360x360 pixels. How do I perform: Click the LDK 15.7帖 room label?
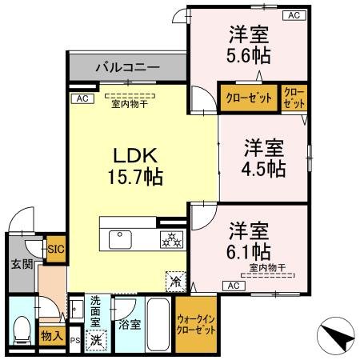135,166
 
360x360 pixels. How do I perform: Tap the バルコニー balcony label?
128,67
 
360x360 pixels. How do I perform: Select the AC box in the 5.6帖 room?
294,15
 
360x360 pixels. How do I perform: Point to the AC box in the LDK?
82,98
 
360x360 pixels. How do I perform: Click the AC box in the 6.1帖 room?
234,286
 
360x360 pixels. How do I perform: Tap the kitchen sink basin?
120,239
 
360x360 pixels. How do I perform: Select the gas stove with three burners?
172,239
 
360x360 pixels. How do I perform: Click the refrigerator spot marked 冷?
176,282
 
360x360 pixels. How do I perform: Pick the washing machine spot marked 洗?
96,341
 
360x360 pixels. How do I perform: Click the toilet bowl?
22,330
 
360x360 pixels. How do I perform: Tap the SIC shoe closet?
56,249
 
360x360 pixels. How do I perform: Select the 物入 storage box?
52,336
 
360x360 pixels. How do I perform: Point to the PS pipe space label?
75,341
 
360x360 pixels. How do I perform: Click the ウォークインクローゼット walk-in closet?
196,325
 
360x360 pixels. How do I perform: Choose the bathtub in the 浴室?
158,325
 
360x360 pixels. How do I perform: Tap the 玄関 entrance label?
22,264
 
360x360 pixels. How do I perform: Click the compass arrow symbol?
336,335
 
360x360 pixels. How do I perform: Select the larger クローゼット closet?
250,98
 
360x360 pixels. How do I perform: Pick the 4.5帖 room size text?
263,169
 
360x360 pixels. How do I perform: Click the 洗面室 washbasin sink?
77,309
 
